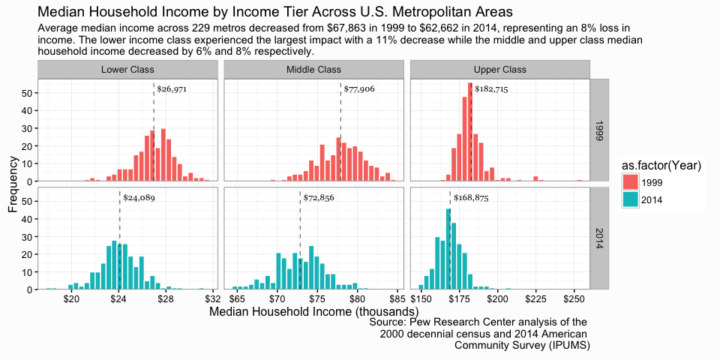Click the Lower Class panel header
[127, 70]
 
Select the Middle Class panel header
[313, 70]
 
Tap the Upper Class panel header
[500, 70]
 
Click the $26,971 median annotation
[172, 89]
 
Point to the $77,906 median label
[359, 89]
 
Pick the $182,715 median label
[491, 89]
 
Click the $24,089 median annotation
[139, 199]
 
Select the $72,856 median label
[319, 199]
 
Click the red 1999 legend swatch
[630, 183]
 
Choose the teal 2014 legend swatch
[630, 200]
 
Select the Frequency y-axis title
[13, 184]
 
